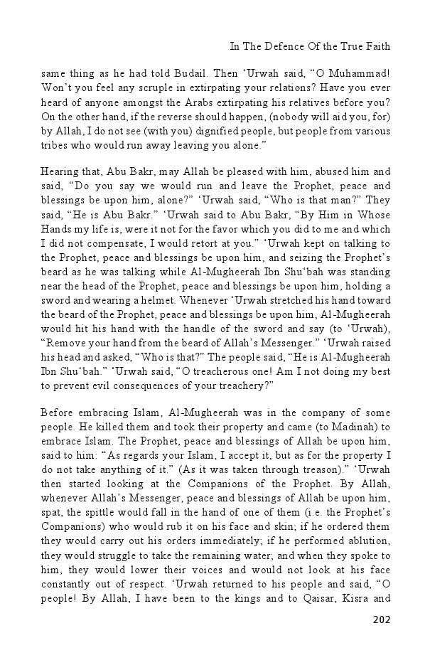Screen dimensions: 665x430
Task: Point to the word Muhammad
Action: point(360,73)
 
